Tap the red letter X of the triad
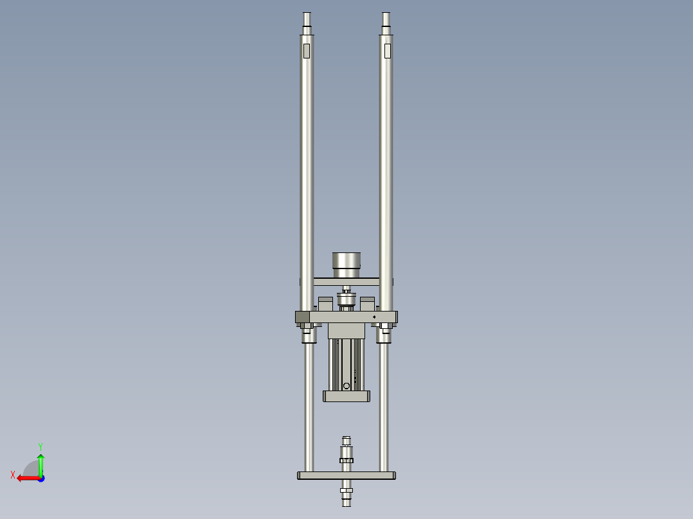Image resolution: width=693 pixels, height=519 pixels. pyautogui.click(x=13, y=475)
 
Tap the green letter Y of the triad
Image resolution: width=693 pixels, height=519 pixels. pyautogui.click(x=40, y=446)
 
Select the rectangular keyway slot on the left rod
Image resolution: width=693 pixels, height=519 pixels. pyautogui.click(x=307, y=51)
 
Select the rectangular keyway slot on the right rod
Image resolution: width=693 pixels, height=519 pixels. pyautogui.click(x=387, y=51)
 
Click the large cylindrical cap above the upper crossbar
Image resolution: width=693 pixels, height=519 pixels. pyautogui.click(x=346, y=263)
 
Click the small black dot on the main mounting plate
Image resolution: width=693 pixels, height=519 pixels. pyautogui.click(x=374, y=317)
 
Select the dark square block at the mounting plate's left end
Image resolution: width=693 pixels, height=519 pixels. pyautogui.click(x=302, y=317)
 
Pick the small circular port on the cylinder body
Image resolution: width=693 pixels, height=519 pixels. pyautogui.click(x=346, y=385)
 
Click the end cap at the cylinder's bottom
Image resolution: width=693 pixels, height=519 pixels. pyautogui.click(x=346, y=396)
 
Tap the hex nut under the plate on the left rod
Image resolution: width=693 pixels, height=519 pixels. pyautogui.click(x=308, y=330)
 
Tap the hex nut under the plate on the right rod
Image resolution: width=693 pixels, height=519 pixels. pyautogui.click(x=385, y=330)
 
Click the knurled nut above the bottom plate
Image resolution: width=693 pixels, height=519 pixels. pyautogui.click(x=346, y=459)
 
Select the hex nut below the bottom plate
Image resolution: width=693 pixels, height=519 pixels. pyautogui.click(x=346, y=491)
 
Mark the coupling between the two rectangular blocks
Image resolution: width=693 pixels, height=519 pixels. pyautogui.click(x=346, y=301)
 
